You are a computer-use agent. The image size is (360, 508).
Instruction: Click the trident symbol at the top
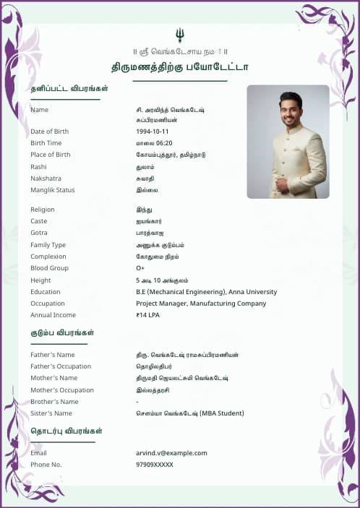click(x=179, y=35)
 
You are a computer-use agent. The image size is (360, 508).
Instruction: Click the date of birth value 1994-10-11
click(x=152, y=132)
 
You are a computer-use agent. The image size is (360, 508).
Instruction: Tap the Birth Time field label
click(x=46, y=143)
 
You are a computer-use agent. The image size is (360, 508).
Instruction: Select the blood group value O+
click(x=140, y=268)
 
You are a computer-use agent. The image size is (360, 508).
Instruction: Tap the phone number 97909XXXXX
click(x=155, y=465)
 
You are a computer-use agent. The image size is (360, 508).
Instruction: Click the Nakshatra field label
click(x=46, y=178)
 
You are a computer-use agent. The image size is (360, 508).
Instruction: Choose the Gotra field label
click(x=39, y=233)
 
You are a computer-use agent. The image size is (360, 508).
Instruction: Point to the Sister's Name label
click(x=51, y=413)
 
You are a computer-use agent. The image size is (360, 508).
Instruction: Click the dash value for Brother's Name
click(x=137, y=402)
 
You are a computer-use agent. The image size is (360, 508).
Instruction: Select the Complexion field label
click(x=48, y=257)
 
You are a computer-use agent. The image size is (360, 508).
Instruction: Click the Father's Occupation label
click(x=61, y=366)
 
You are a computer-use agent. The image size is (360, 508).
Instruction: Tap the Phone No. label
click(x=46, y=465)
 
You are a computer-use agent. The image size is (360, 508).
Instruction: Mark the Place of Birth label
click(x=51, y=155)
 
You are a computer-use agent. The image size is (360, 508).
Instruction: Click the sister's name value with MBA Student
click(x=190, y=413)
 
